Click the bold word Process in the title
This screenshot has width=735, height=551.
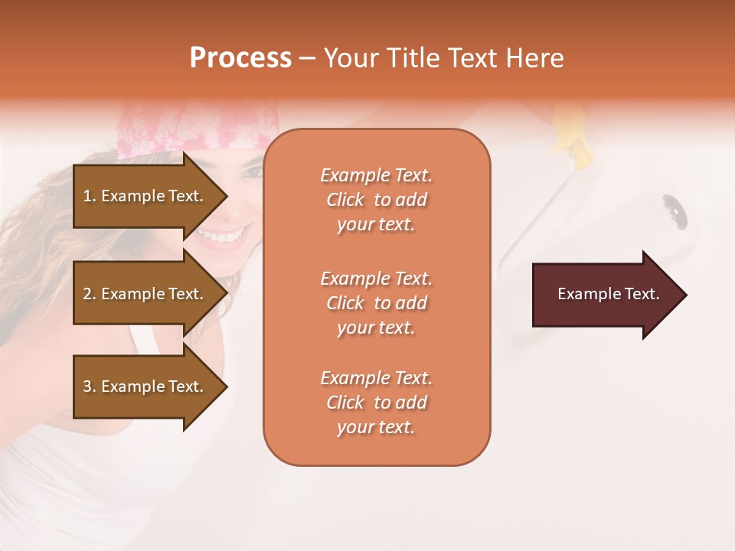coord(240,57)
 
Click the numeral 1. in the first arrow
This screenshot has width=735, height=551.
coord(90,196)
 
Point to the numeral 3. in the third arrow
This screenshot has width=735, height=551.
coord(90,386)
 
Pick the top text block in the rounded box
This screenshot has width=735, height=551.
coord(376,200)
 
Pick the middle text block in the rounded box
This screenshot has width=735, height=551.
coord(376,302)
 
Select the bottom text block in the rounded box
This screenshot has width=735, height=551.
coord(376,403)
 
